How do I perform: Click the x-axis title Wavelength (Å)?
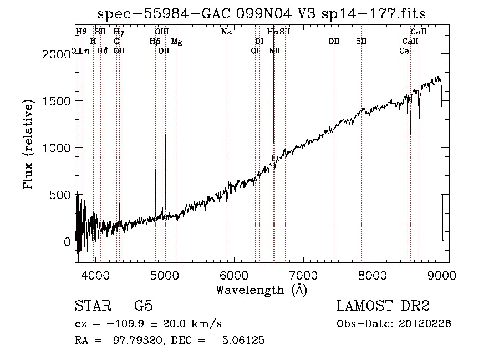(x=261, y=290)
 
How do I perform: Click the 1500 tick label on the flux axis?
(x=58, y=101)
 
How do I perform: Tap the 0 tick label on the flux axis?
(x=67, y=242)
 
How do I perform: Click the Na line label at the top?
(x=226, y=32)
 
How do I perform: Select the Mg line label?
(x=176, y=42)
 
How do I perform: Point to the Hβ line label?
(x=155, y=42)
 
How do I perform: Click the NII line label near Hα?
(x=274, y=51)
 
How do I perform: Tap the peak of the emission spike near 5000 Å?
(x=165, y=135)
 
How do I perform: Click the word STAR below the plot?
(x=91, y=306)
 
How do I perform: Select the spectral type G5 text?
(x=143, y=306)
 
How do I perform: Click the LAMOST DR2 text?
(x=383, y=306)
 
